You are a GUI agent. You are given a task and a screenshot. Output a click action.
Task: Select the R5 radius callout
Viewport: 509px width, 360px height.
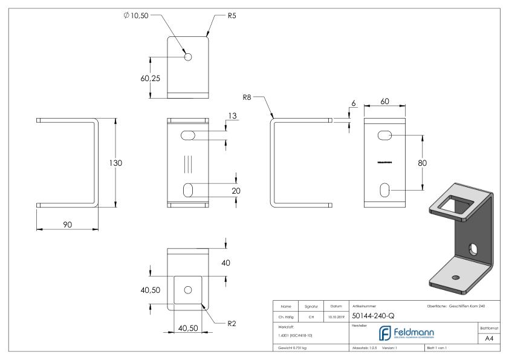232,15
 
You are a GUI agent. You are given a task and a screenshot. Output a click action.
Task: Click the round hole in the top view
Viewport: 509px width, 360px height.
188,57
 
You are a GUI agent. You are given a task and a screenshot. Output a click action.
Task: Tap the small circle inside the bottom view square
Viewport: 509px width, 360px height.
187,289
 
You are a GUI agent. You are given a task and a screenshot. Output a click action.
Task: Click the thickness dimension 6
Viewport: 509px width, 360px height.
353,103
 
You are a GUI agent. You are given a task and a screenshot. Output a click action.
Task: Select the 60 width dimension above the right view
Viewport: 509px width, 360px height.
384,102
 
